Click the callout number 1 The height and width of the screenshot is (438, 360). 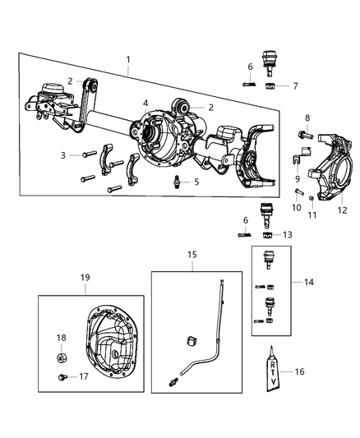coord(127,60)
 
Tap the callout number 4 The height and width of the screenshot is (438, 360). coord(145,104)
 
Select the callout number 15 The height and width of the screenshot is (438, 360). coord(192,256)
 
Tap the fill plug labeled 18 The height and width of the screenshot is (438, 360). coord(63,357)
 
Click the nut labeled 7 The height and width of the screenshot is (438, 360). coord(270,85)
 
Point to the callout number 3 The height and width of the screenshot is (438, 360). coord(62,154)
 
